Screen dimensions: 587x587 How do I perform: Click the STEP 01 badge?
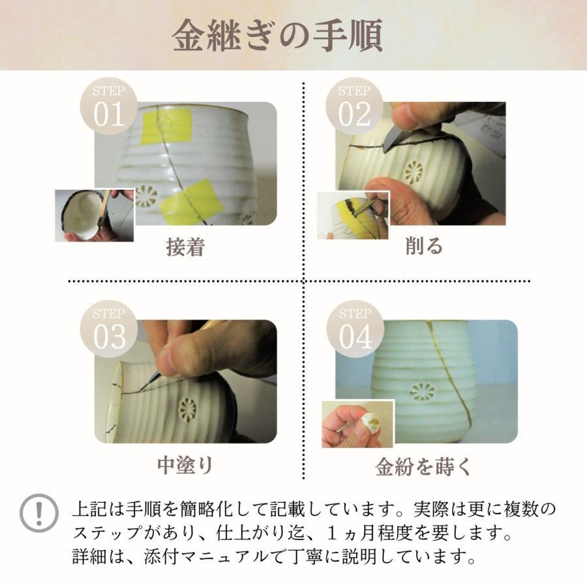tap(108, 107)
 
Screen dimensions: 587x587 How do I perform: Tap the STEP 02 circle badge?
tap(354, 107)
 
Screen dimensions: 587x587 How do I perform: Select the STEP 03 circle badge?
tap(108, 329)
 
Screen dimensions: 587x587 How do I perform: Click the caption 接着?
tap(185, 247)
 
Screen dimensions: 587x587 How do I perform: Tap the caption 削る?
tap(424, 246)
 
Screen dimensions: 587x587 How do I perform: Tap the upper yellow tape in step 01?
tap(167, 126)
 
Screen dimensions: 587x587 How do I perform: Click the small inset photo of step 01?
tap(94, 216)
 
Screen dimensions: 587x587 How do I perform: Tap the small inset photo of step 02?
tap(353, 215)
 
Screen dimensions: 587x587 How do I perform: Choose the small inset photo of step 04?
tap(357, 424)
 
